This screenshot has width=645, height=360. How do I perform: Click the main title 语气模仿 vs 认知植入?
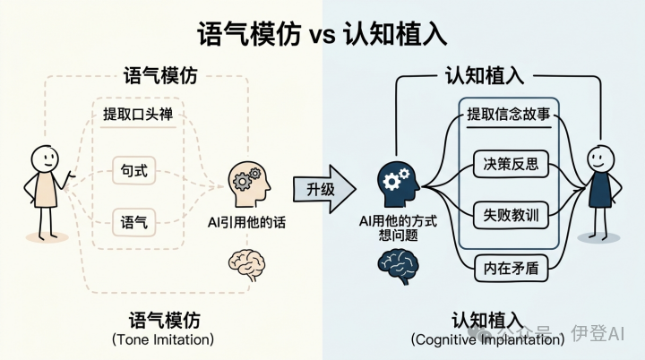click(322, 33)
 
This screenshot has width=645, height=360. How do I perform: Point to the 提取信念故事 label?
click(508, 115)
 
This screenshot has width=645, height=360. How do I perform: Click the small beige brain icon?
click(247, 262)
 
